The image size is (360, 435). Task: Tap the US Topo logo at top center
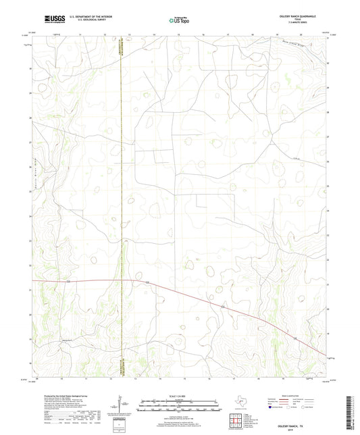tap(179, 21)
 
